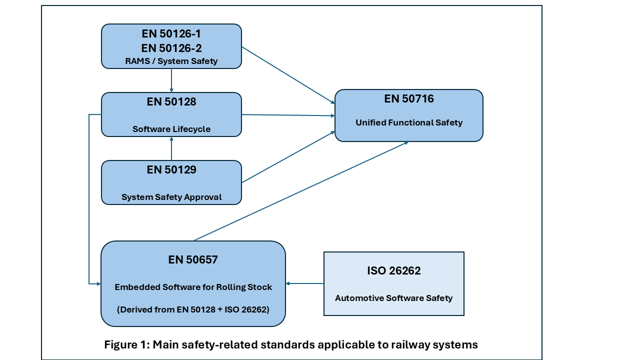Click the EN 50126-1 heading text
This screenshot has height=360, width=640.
171,34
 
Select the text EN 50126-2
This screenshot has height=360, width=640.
171,48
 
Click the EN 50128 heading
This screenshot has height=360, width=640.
171,102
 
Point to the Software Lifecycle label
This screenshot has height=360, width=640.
171,129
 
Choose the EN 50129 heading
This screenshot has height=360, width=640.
171,170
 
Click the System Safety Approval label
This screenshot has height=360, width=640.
171,197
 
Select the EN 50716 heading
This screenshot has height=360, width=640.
409,99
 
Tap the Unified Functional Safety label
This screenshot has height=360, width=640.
409,122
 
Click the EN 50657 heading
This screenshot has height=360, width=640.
193,260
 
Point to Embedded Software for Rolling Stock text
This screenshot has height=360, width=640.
193,287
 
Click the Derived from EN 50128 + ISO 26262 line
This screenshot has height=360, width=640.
193,309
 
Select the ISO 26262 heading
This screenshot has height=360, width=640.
394,271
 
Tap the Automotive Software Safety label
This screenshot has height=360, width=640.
394,298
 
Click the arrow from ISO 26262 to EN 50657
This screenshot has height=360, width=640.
305,283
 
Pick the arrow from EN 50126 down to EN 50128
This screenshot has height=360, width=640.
171,80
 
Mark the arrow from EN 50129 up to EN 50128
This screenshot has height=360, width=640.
171,148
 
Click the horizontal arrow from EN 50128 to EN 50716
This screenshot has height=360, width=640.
288,115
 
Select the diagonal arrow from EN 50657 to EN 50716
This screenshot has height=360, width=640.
300,191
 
